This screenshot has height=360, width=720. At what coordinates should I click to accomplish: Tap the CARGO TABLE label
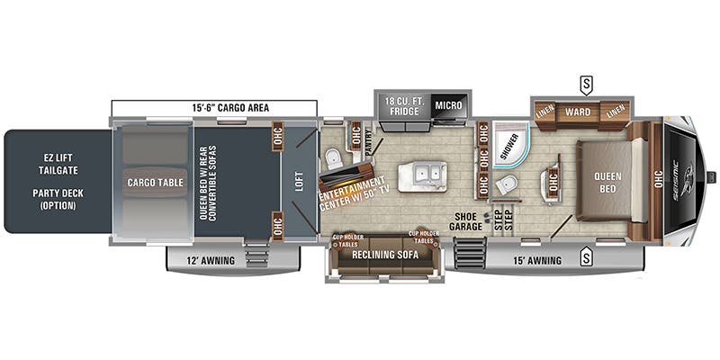click(154, 183)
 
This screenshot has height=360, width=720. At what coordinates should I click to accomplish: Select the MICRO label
click(447, 103)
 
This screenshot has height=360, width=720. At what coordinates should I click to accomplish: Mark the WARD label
click(577, 112)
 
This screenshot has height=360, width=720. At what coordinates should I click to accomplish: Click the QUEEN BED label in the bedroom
click(611, 183)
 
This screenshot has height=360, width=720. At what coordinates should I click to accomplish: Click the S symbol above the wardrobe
click(587, 84)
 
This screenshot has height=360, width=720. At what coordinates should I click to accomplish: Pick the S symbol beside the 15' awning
click(587, 259)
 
